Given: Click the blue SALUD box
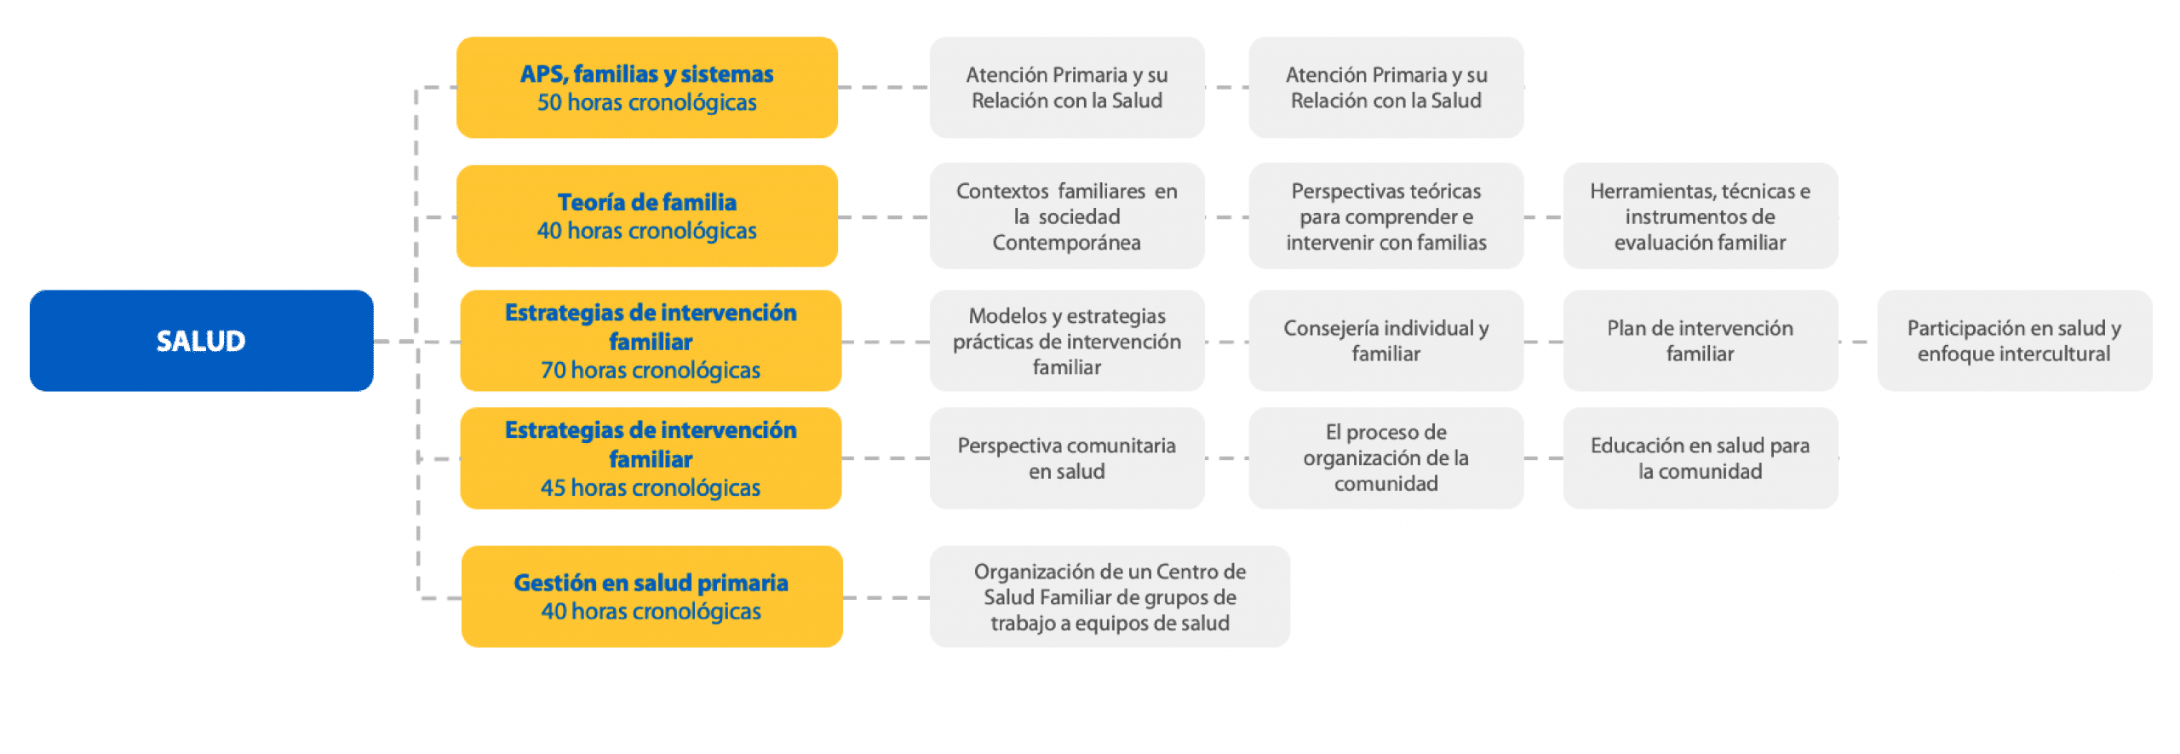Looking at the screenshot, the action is pos(201,341).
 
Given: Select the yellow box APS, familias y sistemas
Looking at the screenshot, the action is pos(647,88).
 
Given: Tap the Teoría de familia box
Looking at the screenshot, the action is pos(647,216).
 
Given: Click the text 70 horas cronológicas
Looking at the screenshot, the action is pos(651,371).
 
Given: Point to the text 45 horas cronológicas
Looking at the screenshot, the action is pos(651,488).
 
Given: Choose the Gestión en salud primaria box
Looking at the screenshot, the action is pos(652,596).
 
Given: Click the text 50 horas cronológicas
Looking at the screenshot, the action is pos(647,103).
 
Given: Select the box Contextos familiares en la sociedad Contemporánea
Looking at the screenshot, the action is pos(1067,216).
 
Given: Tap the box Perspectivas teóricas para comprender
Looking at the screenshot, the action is pos(1386,216).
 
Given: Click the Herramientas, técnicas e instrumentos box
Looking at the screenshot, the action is pos(1701,216).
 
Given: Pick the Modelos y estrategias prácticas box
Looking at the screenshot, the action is pos(1067,341).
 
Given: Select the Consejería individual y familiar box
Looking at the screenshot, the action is pos(1386,341).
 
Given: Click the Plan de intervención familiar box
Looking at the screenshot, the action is pos(1701,341).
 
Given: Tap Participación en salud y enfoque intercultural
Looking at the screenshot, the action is pos(2015,341).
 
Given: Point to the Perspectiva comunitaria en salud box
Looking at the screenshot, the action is pos(1067,458).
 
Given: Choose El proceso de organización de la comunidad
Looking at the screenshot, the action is pos(1386,458).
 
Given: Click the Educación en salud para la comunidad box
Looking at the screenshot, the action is pos(1701,458).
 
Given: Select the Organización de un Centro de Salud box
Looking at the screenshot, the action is pos(1110,596).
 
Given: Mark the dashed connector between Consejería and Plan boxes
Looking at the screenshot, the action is pos(1544,342).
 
